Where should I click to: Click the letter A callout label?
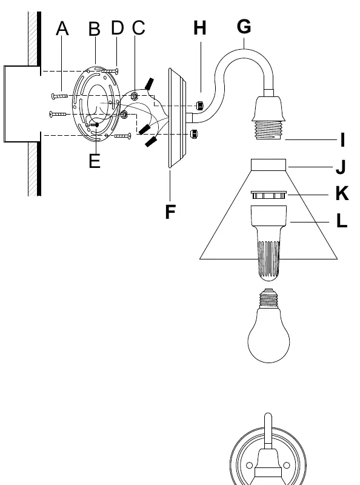tap(62, 28)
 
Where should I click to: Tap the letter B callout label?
tap(95, 29)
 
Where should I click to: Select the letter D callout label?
tap(117, 27)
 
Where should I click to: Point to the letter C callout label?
tap(138, 27)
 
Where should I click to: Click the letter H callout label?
tap(200, 28)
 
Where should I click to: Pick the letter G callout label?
tap(244, 26)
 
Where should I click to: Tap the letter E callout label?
tap(95, 161)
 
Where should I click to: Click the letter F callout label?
tap(170, 212)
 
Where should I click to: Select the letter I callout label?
tap(342, 140)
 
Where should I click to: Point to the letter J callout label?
tap(341, 167)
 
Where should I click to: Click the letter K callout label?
tap(342, 193)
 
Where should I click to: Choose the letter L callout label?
tap(341, 221)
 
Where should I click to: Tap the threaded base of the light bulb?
tap(268, 298)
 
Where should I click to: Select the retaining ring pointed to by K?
tap(268, 195)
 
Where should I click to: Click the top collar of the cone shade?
tap(268, 165)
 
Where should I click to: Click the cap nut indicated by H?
tap(200, 105)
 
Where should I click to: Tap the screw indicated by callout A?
tap(59, 96)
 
